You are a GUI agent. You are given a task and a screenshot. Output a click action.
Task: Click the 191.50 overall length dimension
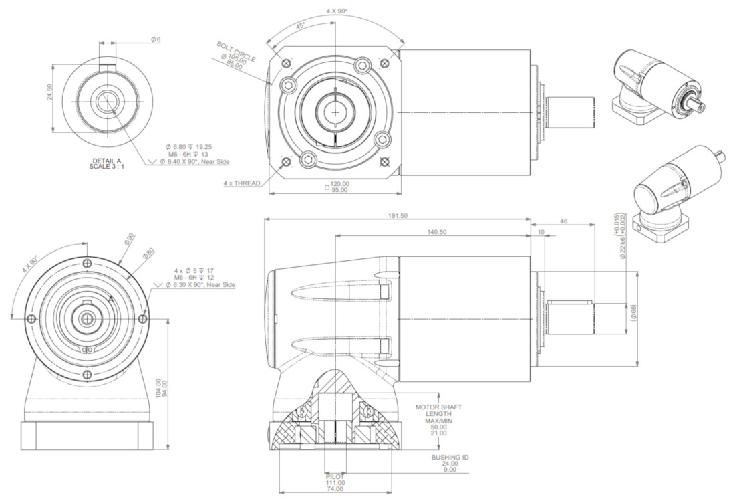tap(398, 216)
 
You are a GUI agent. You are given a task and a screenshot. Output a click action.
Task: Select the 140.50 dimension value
tap(438, 232)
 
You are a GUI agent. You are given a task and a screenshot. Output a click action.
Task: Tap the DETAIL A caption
tap(106, 161)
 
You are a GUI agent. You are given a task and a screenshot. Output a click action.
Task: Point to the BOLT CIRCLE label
tap(237, 52)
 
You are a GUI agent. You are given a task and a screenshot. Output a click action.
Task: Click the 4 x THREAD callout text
tap(242, 183)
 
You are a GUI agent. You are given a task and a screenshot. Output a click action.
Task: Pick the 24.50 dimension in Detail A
tap(49, 92)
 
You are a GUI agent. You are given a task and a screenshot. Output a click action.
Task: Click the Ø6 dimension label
tap(156, 40)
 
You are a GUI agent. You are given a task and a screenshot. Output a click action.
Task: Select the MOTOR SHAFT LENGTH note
tap(438, 411)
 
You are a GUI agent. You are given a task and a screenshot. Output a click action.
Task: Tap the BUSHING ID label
tap(450, 457)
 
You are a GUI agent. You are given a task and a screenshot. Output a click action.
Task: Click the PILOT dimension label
tap(335, 476)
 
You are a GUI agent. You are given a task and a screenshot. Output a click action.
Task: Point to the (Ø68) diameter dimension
tap(633, 312)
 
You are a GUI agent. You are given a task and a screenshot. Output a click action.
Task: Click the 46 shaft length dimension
tap(563, 221)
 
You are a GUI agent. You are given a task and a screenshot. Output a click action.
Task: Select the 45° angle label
tap(299, 26)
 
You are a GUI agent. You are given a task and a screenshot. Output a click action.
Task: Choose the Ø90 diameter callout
tap(130, 239)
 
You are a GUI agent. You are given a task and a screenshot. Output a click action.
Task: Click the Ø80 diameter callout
tap(148, 254)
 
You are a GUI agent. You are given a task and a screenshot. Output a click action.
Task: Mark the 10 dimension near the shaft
tap(541, 232)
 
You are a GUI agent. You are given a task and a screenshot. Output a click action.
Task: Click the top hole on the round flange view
tap(86, 263)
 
